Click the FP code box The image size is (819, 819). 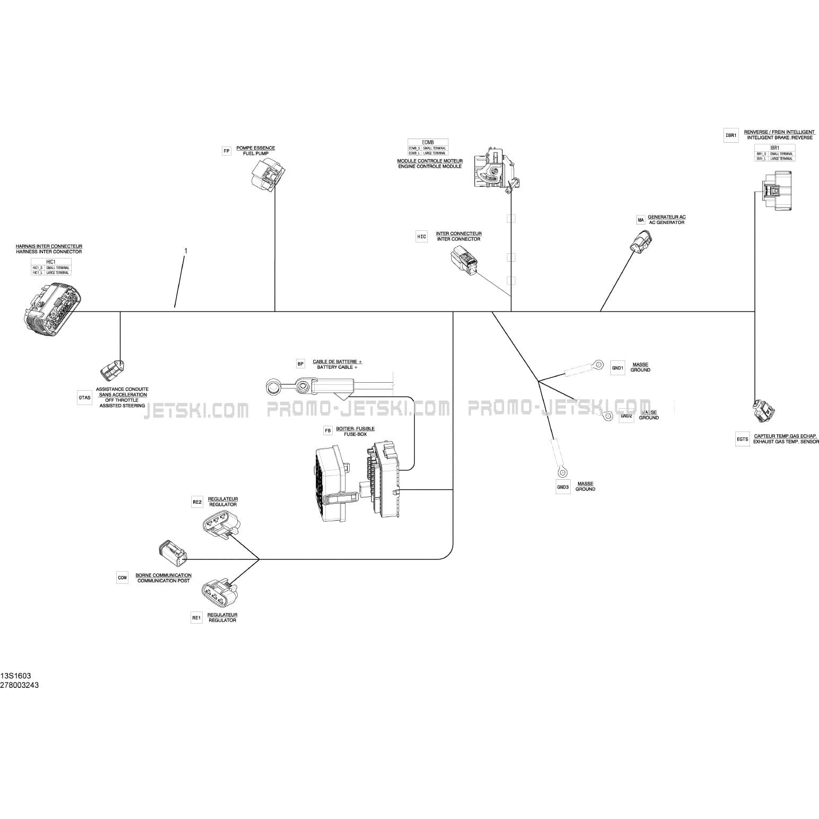point(227,151)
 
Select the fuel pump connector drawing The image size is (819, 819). point(268,172)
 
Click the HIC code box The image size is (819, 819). point(421,237)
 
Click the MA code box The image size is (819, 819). point(641,220)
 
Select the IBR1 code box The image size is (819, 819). point(731,135)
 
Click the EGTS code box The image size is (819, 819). point(742,439)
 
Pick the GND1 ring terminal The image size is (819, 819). point(598,364)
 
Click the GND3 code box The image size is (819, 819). point(563,487)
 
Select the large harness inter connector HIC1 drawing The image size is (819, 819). point(50,310)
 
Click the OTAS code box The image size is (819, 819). point(84,398)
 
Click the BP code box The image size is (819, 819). point(301,364)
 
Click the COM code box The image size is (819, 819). point(123,577)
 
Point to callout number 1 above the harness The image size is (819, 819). point(185,250)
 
